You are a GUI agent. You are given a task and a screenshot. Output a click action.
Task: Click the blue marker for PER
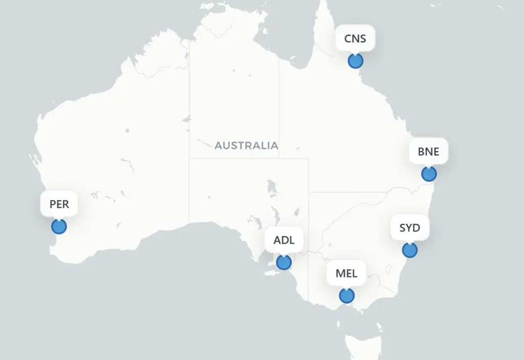pyautogui.click(x=59, y=226)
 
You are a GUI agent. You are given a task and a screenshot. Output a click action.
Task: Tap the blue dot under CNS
pyautogui.click(x=355, y=61)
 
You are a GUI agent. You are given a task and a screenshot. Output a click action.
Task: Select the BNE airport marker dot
pyautogui.click(x=429, y=174)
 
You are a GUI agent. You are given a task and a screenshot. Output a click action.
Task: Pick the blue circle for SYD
pyautogui.click(x=409, y=250)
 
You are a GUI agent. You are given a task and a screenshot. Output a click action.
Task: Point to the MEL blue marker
pyautogui.click(x=346, y=295)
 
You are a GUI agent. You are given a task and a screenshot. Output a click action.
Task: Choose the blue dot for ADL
pyautogui.click(x=283, y=263)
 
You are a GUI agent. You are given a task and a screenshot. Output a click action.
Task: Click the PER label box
pyautogui.click(x=59, y=204)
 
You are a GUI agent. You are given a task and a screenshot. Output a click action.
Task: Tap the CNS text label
pyautogui.click(x=355, y=38)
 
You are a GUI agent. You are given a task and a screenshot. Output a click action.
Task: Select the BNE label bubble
pyautogui.click(x=429, y=152)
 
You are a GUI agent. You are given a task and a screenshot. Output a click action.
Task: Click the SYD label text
pyautogui.click(x=409, y=227)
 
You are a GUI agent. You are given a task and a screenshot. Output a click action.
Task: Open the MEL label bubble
pyautogui.click(x=346, y=273)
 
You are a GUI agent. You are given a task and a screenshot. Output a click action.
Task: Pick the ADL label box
pyautogui.click(x=283, y=240)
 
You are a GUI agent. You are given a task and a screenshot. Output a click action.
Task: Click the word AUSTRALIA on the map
pyautogui.click(x=246, y=145)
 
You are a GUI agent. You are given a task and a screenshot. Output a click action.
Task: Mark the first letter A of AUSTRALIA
pyautogui.click(x=218, y=145)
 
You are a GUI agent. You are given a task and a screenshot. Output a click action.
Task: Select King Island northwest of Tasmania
pyautogui.click(x=338, y=323)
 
